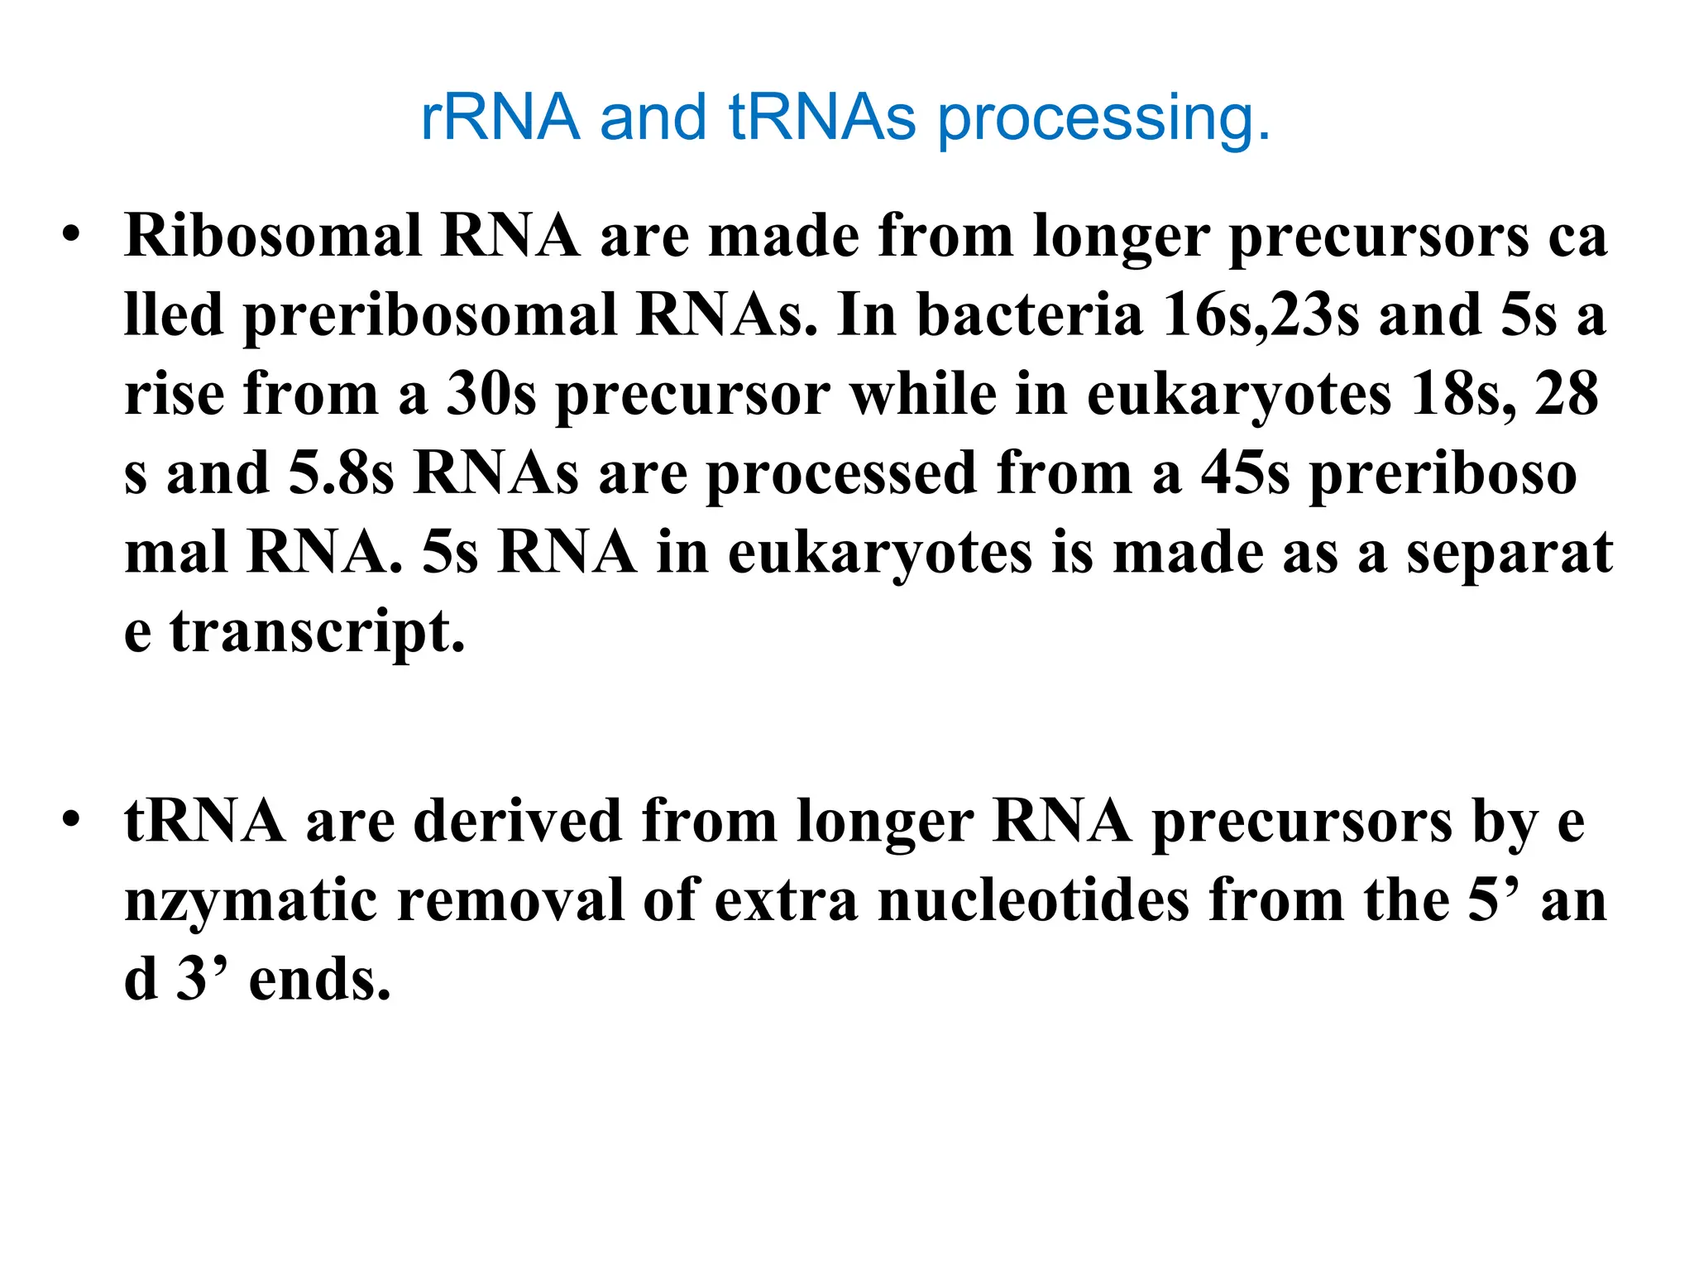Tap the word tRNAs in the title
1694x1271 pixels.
point(822,118)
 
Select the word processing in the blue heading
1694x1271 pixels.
point(1103,121)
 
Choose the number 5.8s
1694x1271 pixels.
point(341,473)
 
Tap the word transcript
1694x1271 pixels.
point(318,633)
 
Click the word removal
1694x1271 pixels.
point(510,900)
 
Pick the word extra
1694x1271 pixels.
point(787,900)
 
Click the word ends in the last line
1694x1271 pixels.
point(319,980)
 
